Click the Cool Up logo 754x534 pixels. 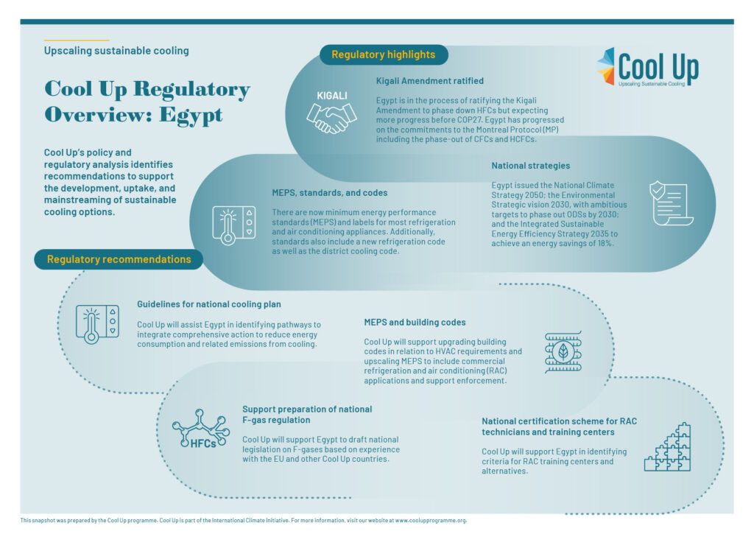tap(648, 67)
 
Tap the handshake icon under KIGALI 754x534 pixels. tap(332, 119)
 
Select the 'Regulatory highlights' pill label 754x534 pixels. tap(384, 55)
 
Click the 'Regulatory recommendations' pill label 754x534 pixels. tap(119, 259)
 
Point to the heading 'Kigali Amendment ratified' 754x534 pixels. tap(430, 81)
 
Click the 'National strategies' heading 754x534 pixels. tap(530, 166)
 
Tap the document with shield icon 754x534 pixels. tap(672, 203)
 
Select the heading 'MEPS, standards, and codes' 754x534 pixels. tap(329, 193)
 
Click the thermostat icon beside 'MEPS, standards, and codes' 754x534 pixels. tap(234, 225)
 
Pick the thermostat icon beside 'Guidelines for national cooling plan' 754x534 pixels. tap(98, 324)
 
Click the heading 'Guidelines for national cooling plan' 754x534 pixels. tap(208, 304)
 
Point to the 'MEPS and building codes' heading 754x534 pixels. tap(415, 323)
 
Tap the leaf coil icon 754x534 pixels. tap(563, 352)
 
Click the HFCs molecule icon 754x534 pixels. tap(200, 429)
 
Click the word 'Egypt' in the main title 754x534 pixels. tap(191, 116)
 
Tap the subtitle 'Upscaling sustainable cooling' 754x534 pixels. tap(116, 51)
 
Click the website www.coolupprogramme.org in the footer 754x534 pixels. tap(430, 521)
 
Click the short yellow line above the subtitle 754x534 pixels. tap(77, 40)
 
